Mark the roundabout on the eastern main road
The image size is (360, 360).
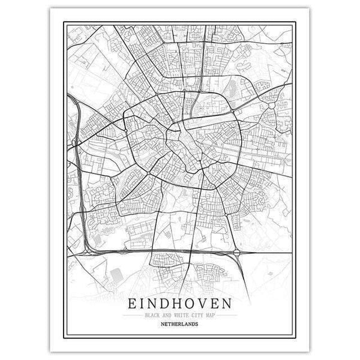pos(273,104)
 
